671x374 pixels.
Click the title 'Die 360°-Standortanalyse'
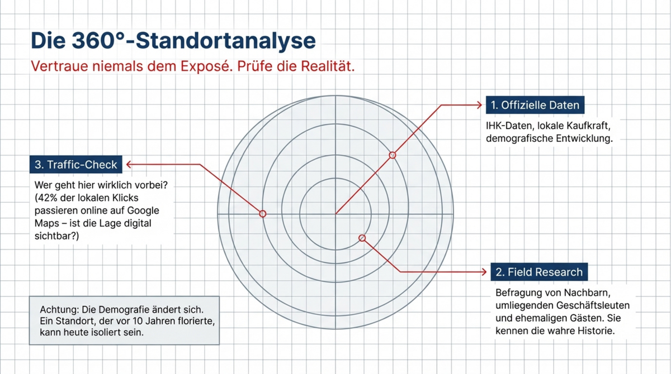pyautogui.click(x=173, y=41)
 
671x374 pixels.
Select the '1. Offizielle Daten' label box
pyautogui.click(x=535, y=105)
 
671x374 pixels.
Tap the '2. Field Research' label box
pyautogui.click(x=539, y=272)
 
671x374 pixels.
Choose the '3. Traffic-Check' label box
pyautogui.click(x=76, y=164)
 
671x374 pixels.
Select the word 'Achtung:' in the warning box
pyautogui.click(x=58, y=309)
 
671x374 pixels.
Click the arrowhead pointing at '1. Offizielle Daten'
pyautogui.click(x=479, y=104)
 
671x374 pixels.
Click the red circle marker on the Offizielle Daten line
pyautogui.click(x=393, y=155)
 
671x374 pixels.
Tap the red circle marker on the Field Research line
pyautogui.click(x=362, y=238)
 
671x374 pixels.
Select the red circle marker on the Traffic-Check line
pyautogui.click(x=263, y=214)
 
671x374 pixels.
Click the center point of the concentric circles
pyautogui.click(x=335, y=214)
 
